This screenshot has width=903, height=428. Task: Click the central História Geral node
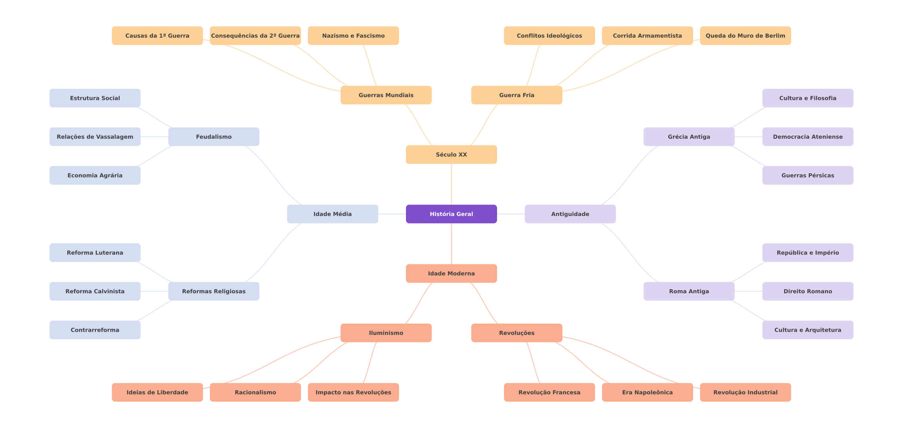451,214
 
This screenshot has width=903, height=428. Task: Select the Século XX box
451,155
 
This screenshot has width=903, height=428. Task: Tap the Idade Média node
333,214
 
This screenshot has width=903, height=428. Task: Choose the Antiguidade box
570,214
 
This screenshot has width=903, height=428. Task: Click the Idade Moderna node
451,273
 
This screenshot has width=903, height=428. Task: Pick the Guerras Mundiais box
386,95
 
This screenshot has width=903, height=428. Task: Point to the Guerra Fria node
517,95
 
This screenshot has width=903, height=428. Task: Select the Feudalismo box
214,137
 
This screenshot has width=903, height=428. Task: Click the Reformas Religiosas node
214,291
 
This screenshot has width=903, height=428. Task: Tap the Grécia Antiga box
689,137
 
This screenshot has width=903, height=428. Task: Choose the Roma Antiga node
689,291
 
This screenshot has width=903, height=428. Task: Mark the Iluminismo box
386,333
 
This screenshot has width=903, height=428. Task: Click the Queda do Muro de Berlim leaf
745,36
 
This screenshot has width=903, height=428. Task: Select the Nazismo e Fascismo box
353,36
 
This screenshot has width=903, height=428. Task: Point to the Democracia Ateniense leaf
808,137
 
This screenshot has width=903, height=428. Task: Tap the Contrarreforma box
95,330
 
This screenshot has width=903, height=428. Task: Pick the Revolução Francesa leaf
549,392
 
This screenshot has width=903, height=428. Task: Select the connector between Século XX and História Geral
451,184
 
